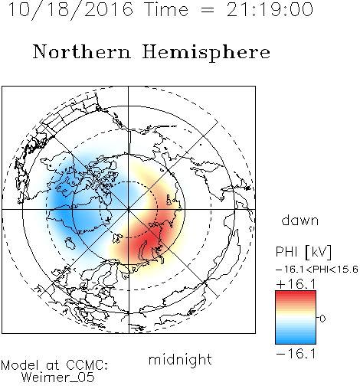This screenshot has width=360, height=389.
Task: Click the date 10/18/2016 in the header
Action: point(70,10)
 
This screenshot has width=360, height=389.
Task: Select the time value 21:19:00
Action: point(270,9)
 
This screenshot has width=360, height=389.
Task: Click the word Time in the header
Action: point(166,9)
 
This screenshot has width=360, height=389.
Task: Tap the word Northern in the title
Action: point(82,51)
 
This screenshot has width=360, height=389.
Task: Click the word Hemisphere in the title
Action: point(206,53)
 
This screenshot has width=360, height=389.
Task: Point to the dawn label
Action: point(300,220)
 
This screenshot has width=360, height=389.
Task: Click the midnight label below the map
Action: point(180,359)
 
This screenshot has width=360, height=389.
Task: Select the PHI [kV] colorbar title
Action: point(303,252)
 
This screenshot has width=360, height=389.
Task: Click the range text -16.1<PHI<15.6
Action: point(317,270)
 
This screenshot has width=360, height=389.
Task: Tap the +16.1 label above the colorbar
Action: point(296,284)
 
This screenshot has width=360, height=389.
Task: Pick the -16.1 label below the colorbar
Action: point(296,354)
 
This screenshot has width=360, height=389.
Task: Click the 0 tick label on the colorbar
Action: point(322,319)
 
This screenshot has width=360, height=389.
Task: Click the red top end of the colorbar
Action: point(296,293)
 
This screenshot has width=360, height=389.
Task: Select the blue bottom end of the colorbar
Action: point(296,342)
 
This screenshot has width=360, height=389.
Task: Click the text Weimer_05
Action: point(58,378)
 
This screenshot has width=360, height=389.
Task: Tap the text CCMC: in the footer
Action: point(87,364)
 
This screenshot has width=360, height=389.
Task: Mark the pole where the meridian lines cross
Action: point(129,209)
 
